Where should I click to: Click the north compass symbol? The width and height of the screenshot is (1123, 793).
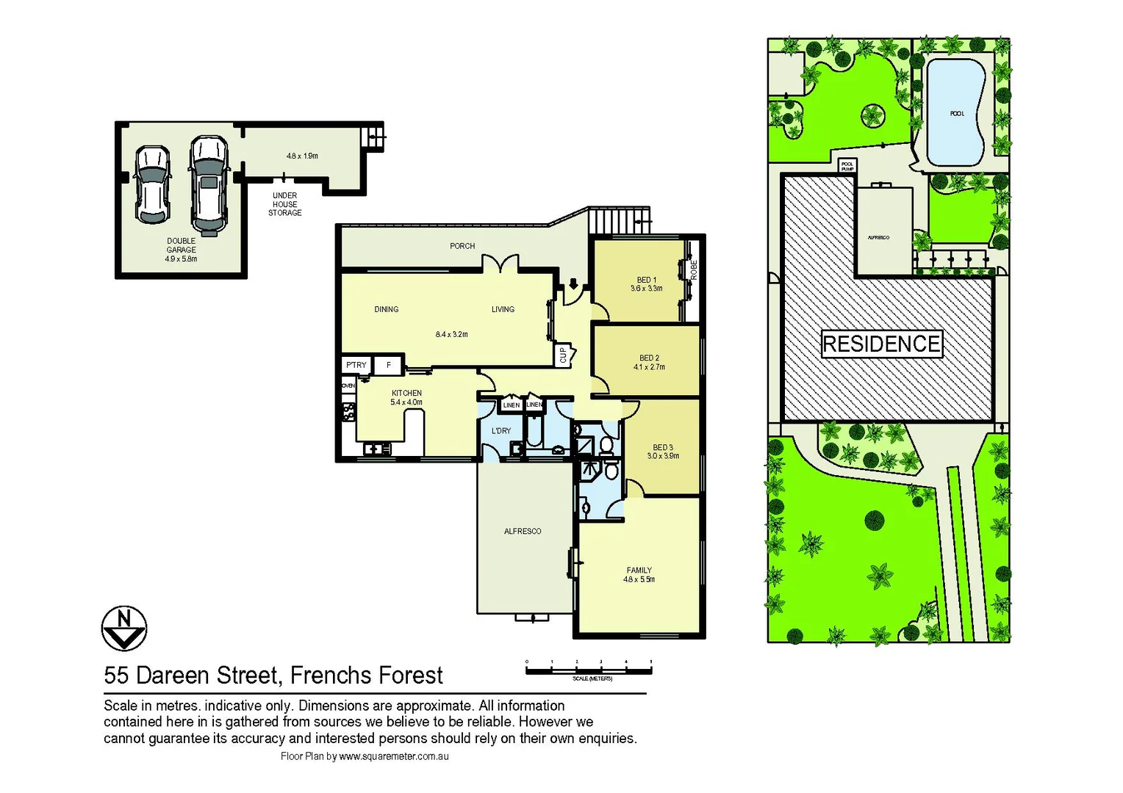click(124, 629)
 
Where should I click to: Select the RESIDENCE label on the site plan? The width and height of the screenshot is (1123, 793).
click(881, 344)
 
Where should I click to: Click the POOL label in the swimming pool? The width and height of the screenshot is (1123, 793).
click(956, 114)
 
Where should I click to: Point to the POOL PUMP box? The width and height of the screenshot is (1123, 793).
click(847, 166)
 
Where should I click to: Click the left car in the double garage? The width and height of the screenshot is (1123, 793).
click(152, 184)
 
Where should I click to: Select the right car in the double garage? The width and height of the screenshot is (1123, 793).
click(209, 184)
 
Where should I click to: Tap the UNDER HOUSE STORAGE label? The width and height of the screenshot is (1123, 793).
click(284, 205)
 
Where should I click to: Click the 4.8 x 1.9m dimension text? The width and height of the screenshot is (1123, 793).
click(302, 156)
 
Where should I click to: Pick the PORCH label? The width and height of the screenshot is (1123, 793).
click(462, 246)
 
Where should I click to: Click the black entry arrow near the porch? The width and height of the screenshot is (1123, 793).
click(573, 283)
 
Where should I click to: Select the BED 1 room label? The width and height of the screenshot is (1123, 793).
click(647, 280)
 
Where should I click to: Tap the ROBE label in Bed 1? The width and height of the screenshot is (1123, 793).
click(693, 269)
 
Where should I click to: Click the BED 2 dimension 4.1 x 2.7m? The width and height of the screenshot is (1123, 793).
click(649, 367)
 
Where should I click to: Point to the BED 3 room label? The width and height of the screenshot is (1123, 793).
click(663, 447)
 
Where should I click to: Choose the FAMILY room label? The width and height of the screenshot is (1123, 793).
click(639, 570)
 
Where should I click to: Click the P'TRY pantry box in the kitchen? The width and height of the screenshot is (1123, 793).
click(356, 365)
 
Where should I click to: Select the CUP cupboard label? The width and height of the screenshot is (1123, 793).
click(564, 355)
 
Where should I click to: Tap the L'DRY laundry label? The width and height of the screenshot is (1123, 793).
click(501, 431)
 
